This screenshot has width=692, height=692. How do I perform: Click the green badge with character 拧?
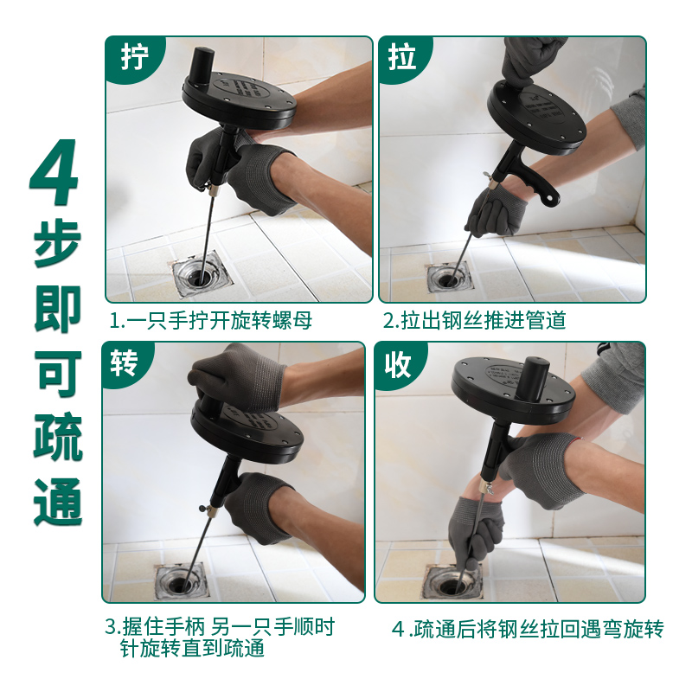(132, 58)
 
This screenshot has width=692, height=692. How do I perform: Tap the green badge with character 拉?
(402, 58)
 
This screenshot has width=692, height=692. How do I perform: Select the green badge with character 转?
(125, 363)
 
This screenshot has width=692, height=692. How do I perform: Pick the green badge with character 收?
(398, 364)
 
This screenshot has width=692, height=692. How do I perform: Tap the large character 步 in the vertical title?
(57, 243)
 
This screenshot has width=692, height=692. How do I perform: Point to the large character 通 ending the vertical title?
(57, 502)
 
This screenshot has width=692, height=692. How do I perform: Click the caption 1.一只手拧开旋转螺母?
(211, 320)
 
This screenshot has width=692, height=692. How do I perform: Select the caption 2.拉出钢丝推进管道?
(474, 320)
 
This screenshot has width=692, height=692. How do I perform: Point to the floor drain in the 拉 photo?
(449, 278)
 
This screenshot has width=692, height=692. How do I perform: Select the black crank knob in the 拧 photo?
(202, 66)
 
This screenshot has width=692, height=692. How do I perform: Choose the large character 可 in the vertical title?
(58, 374)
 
